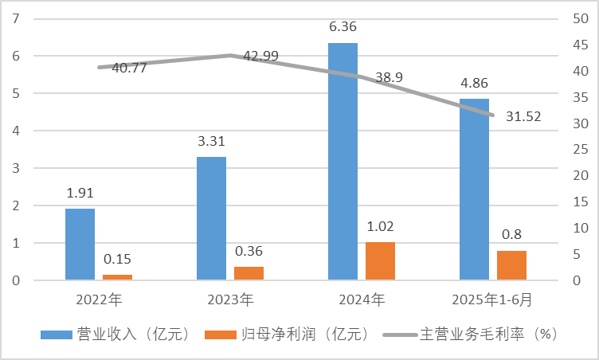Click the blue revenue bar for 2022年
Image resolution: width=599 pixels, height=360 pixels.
pyautogui.click(x=80, y=244)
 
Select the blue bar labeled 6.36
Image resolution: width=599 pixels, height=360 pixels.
pyautogui.click(x=343, y=161)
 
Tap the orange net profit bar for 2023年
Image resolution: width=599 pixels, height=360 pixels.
pyautogui.click(x=249, y=273)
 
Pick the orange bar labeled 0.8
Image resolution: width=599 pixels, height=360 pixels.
pyautogui.click(x=511, y=265)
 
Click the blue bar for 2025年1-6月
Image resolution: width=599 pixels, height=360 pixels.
pyautogui.click(x=475, y=189)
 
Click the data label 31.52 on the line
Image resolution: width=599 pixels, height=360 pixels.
pyautogui.click(x=523, y=116)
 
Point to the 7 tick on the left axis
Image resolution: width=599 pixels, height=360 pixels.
pyautogui.click(x=16, y=19)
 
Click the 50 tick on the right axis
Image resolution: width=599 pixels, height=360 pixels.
pyautogui.click(x=583, y=19)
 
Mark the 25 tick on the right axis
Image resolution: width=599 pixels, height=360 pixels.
pyautogui.click(x=583, y=150)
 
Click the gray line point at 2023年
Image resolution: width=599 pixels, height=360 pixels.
pyautogui.click(x=229, y=55)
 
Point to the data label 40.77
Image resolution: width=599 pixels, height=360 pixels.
pyautogui.click(x=129, y=68)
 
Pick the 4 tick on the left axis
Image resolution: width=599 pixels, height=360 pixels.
pyautogui.click(x=16, y=131)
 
